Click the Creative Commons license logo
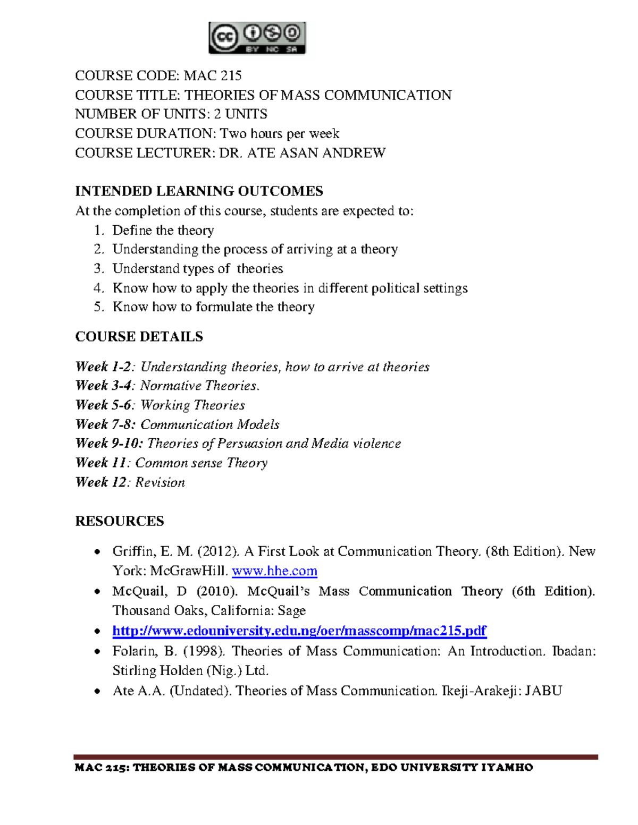[x=257, y=38]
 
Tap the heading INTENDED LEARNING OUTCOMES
[x=199, y=191]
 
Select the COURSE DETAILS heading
[x=139, y=337]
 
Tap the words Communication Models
[x=209, y=424]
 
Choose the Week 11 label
[x=102, y=463]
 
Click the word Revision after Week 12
[x=160, y=482]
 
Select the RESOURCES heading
[x=120, y=521]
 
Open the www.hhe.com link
[x=274, y=571]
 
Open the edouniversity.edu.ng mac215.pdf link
[x=299, y=631]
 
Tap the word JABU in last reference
[x=543, y=691]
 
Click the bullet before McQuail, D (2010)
[x=97, y=592]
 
